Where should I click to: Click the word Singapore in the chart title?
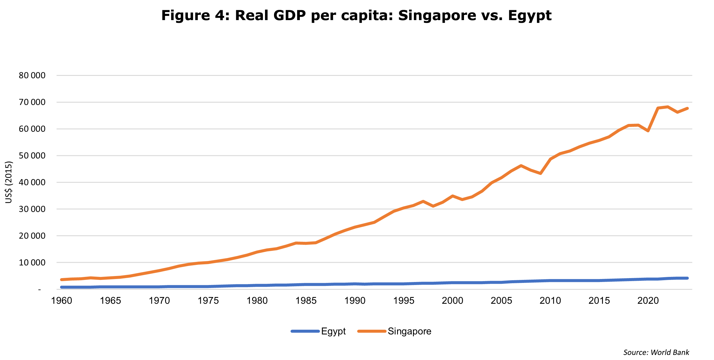click(x=437, y=16)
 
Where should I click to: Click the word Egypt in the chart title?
click(x=530, y=16)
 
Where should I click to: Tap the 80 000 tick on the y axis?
click(x=32, y=75)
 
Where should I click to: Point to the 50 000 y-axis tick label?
click(x=32, y=155)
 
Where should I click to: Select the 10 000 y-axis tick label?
click(x=32, y=262)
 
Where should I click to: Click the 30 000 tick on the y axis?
click(x=32, y=209)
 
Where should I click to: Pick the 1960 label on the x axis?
click(x=62, y=301)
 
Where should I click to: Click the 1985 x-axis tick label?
click(x=306, y=301)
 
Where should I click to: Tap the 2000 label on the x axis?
click(x=452, y=301)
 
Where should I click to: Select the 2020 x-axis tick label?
click(x=648, y=301)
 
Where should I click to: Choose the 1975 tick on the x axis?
click(x=208, y=301)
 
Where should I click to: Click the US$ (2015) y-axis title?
click(x=9, y=182)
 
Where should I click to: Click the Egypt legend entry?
click(x=333, y=331)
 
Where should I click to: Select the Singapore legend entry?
click(x=409, y=331)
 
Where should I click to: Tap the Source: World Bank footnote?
click(x=656, y=352)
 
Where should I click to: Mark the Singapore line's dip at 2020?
click(x=648, y=131)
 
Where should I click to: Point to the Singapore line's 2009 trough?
click(x=541, y=173)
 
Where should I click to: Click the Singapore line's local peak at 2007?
click(x=521, y=166)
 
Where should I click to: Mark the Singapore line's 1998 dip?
click(x=433, y=206)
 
